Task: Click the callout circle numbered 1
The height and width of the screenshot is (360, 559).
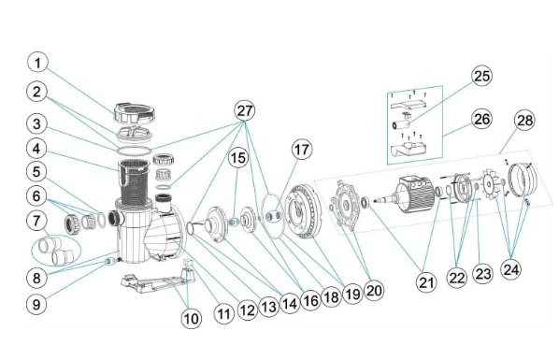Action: (37, 64)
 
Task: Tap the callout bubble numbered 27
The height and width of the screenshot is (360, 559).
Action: (245, 110)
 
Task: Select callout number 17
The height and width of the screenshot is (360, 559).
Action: (302, 150)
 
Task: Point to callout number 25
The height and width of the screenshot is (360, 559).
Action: (481, 76)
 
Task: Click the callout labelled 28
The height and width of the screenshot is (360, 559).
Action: (524, 121)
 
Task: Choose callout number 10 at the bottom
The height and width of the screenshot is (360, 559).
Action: (192, 318)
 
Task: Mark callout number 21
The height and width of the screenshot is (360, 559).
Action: (426, 282)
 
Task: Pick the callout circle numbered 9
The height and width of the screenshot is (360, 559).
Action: (36, 304)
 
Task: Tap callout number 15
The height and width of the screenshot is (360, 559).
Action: (238, 158)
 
